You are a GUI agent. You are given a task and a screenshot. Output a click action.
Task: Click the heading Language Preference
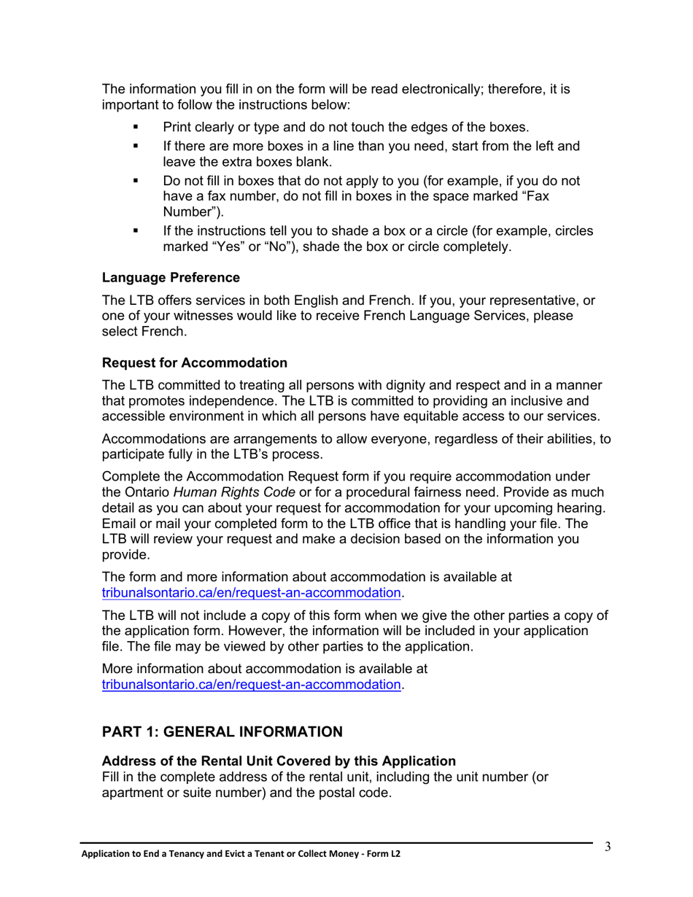point(171,278)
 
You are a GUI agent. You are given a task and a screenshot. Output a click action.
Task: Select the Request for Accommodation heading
point(195,362)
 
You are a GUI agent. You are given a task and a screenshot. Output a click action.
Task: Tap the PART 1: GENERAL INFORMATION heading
point(222,731)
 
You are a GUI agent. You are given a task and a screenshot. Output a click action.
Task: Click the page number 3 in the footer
point(607,847)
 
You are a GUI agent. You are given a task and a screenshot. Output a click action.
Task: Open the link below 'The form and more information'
point(252,593)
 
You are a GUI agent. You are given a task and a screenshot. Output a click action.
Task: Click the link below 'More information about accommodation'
point(252,685)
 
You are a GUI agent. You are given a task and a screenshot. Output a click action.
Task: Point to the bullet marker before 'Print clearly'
point(135,126)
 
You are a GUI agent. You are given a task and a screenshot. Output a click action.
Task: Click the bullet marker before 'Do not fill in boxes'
point(135,182)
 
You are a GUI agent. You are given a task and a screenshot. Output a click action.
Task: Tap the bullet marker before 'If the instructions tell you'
point(135,231)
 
